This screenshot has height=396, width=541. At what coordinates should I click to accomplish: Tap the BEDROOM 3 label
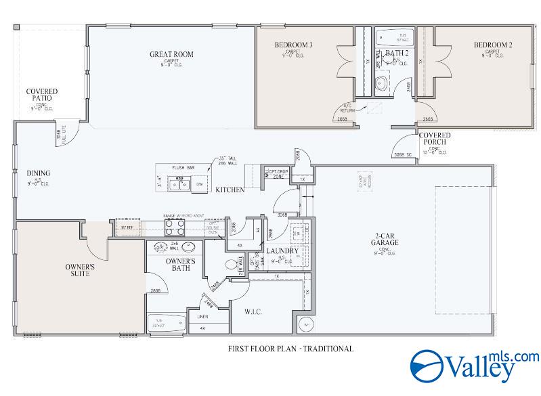click(x=293, y=45)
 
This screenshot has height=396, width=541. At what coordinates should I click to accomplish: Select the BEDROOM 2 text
click(x=492, y=45)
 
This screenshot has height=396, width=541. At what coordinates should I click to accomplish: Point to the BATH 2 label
click(x=397, y=52)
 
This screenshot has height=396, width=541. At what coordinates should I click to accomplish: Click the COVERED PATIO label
click(x=41, y=95)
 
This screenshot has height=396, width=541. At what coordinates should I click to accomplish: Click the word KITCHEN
click(x=230, y=190)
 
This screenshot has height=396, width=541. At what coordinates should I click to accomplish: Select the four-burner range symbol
click(x=173, y=227)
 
